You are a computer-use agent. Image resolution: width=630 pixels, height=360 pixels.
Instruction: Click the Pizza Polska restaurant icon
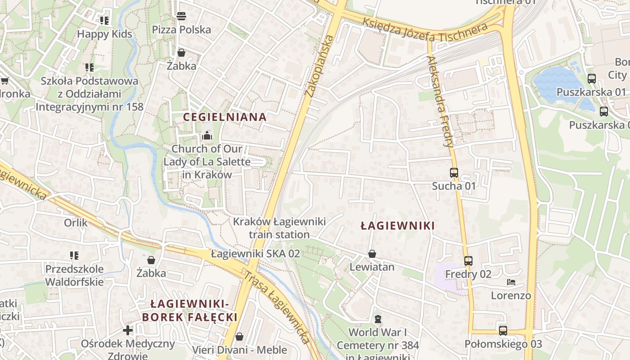181,17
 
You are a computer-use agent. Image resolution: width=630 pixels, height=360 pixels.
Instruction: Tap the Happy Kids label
104,34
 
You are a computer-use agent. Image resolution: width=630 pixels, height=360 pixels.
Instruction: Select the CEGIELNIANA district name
225,117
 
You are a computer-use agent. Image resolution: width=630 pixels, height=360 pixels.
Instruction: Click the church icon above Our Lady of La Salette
207,135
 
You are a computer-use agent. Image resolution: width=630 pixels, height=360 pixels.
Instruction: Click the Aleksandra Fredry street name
440,102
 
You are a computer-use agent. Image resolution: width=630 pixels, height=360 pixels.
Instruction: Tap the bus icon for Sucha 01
454,173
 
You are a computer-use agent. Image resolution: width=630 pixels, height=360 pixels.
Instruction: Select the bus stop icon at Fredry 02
468,261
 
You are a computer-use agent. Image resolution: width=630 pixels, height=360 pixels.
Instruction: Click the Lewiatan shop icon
372,254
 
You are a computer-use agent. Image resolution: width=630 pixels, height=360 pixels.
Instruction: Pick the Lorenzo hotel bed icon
511,282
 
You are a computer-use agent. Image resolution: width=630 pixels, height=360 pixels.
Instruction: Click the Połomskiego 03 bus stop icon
503,331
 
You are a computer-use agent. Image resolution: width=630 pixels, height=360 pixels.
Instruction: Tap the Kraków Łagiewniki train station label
279,228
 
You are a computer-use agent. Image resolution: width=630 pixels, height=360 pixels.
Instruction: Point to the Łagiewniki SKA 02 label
255,253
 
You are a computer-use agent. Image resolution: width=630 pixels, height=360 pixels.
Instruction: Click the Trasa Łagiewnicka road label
277,306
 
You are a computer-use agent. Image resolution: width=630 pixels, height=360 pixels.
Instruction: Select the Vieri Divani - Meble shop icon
239,337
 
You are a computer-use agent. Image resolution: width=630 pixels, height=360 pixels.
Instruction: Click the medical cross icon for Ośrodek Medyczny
128,330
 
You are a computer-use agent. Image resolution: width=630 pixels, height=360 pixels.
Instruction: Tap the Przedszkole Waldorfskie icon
74,256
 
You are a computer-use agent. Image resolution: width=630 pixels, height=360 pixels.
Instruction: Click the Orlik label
76,223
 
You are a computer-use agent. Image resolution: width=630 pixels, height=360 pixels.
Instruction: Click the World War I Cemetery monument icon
378,319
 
